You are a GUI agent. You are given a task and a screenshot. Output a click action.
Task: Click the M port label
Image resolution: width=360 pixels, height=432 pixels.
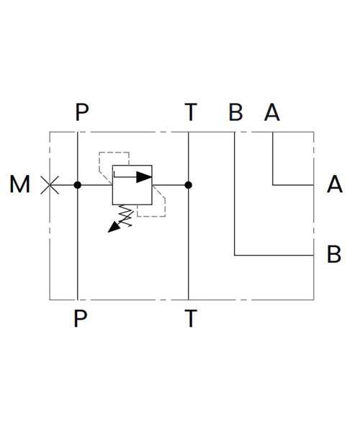[x=19, y=184]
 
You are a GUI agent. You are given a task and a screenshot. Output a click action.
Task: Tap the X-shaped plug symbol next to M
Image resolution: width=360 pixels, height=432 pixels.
[x=50, y=185]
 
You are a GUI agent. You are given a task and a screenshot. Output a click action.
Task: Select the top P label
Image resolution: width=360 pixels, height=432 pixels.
[x=82, y=112]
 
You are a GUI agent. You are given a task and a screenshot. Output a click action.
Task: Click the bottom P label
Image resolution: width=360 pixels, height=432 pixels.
[x=81, y=318]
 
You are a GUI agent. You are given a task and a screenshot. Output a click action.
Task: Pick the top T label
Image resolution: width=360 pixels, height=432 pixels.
[x=191, y=112]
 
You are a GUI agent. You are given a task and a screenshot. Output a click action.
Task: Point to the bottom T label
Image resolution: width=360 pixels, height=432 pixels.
[x=191, y=318]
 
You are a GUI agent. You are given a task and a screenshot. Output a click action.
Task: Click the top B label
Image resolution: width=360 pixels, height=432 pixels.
[x=235, y=112]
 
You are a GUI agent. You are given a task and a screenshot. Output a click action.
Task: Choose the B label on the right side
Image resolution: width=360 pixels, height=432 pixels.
[x=334, y=253]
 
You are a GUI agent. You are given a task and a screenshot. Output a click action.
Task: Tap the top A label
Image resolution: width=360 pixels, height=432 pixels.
[x=272, y=112]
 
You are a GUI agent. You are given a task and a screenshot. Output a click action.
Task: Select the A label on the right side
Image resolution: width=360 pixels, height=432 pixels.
[x=335, y=184]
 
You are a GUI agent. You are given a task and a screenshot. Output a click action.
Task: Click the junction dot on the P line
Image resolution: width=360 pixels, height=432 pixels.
[x=78, y=185]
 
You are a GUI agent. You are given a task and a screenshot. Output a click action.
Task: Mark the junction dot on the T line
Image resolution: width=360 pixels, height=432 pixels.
[x=189, y=185]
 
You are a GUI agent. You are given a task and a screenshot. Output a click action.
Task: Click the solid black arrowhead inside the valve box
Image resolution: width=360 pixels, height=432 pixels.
[x=144, y=177]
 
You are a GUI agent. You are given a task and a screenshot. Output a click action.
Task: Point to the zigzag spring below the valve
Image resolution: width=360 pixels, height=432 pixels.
[x=126, y=215]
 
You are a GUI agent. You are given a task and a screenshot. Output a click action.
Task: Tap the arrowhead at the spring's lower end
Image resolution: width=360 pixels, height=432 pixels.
[x=114, y=228]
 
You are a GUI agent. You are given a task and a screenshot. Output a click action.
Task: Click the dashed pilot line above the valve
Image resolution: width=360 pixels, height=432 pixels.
[x=114, y=152]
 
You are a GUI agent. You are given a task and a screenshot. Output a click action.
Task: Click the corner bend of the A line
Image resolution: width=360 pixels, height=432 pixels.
[x=273, y=185]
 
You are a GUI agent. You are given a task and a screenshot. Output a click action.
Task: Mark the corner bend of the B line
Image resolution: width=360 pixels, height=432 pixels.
[x=235, y=256]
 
